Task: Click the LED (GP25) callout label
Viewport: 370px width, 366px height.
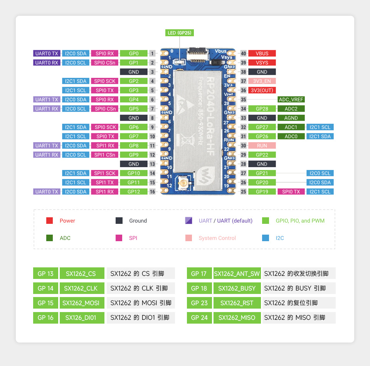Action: click(x=179, y=33)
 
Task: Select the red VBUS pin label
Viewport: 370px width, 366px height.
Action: click(x=262, y=54)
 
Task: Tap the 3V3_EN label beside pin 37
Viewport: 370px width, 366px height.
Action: click(x=262, y=81)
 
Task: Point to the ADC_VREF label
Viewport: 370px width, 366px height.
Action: click(x=291, y=99)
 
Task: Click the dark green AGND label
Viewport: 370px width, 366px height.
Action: click(x=291, y=118)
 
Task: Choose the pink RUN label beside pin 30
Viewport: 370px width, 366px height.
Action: click(x=262, y=146)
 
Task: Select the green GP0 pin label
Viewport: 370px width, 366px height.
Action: click(x=134, y=54)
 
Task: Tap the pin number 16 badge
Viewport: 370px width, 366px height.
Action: click(x=153, y=191)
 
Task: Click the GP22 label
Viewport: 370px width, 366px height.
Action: click(x=262, y=155)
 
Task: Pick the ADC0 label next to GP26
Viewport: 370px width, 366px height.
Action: click(x=291, y=136)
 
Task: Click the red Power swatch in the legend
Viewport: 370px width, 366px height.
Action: click(x=49, y=221)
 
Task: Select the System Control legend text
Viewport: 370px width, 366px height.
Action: click(x=217, y=238)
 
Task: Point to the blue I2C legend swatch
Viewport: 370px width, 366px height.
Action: click(x=265, y=238)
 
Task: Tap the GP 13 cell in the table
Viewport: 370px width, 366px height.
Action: click(x=45, y=274)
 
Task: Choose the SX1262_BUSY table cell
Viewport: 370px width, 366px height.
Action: click(x=237, y=288)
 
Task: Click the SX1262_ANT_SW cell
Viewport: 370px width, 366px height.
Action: click(x=237, y=274)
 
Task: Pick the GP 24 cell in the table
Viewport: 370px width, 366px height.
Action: click(x=199, y=317)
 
